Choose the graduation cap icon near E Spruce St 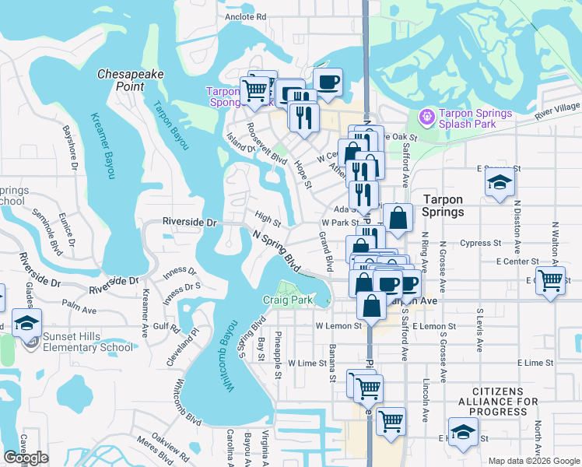(500, 183)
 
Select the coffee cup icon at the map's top (328, 81)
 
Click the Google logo (26, 458)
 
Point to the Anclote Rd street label (245, 16)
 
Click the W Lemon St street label (338, 325)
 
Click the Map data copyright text (533, 461)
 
